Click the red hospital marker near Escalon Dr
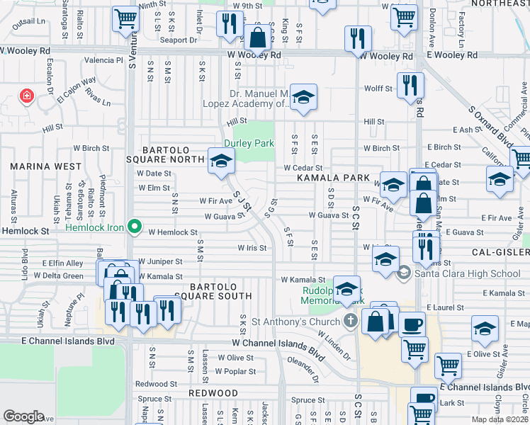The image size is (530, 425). pyautogui.click(x=27, y=96)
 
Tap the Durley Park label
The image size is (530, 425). pyautogui.click(x=249, y=143)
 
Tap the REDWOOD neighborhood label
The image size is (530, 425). pyautogui.click(x=213, y=392)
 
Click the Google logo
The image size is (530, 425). pyautogui.click(x=23, y=416)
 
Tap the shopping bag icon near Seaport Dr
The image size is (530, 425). pyautogui.click(x=258, y=35)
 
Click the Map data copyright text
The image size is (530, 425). pyautogui.click(x=500, y=419)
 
